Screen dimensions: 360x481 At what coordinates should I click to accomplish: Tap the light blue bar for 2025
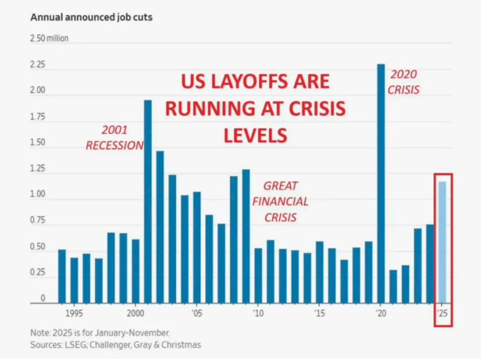tap(443, 242)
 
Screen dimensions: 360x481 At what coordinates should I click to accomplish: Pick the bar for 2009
tap(246, 236)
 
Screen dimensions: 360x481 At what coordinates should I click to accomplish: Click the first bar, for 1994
tap(62, 276)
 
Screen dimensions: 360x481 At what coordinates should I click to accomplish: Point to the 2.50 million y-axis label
tap(49, 38)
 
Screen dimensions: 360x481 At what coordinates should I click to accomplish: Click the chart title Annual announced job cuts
tap(92, 17)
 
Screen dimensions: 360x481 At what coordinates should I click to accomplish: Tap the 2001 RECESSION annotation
tap(115, 138)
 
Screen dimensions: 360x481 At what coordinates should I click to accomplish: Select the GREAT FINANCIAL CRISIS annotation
tap(280, 201)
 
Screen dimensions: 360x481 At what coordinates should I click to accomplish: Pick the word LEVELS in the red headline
tap(255, 135)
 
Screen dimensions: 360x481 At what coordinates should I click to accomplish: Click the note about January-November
tap(100, 333)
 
